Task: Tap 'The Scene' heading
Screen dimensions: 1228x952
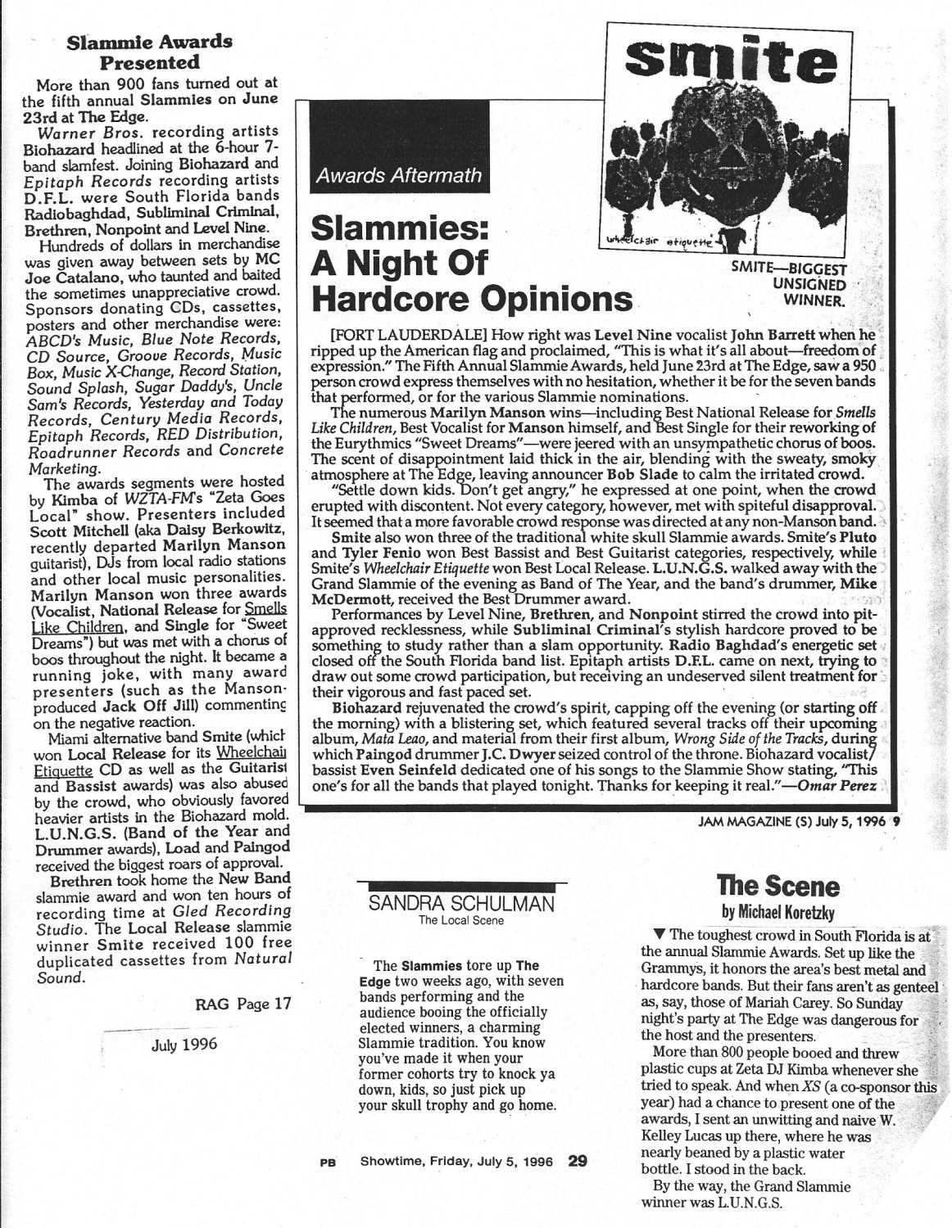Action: coord(778,886)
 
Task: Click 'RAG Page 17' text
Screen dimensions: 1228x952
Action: coord(243,1005)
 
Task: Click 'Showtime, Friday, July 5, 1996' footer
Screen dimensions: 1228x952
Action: coord(456,1160)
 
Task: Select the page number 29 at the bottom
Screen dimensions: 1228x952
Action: coord(578,1160)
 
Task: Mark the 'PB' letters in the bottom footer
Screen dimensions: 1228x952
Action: coord(324,1161)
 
